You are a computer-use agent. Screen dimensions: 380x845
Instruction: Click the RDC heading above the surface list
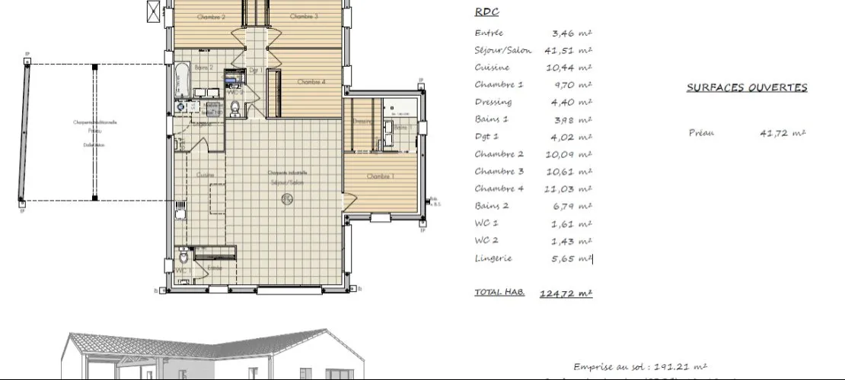point(486,12)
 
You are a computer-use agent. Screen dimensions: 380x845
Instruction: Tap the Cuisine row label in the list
point(487,68)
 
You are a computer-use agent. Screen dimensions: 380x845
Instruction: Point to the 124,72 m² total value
point(566,293)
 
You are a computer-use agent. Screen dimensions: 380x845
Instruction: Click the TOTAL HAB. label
point(499,292)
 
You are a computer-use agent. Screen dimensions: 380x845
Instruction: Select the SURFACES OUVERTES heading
point(747,87)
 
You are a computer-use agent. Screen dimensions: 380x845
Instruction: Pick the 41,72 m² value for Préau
point(783,133)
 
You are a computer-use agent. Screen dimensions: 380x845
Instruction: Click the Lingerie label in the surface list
point(493,258)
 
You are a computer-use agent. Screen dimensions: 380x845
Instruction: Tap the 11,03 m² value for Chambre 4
point(571,188)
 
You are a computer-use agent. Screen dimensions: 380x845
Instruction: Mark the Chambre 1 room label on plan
point(380,176)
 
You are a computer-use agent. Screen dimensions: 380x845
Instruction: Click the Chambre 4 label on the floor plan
point(311,82)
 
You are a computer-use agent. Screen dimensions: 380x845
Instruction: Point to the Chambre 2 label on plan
point(211,17)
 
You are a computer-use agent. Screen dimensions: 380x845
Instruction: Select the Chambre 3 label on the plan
point(305,17)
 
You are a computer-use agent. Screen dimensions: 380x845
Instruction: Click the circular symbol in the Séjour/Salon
point(287,199)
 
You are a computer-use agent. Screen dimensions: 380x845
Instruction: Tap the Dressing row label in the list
point(493,103)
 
